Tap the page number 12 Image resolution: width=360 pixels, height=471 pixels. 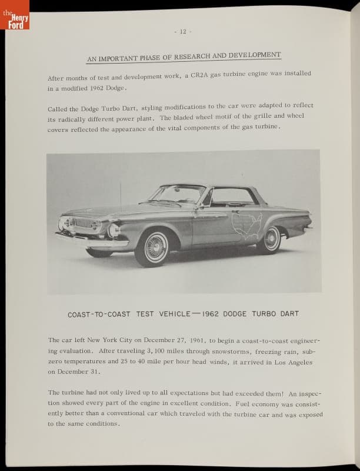183,31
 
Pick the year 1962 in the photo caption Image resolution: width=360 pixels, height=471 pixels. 210,314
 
